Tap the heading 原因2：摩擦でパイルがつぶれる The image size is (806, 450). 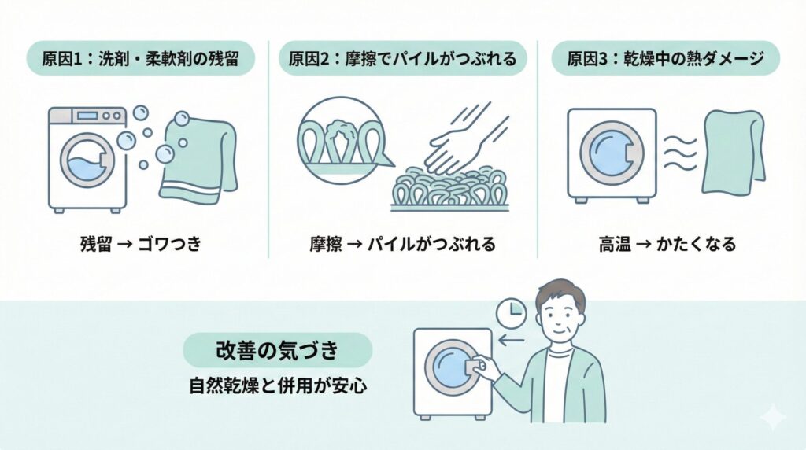pyautogui.click(x=402, y=59)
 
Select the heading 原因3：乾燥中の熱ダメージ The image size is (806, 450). pyautogui.click(x=665, y=59)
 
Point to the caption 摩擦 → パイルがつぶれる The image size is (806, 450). pyautogui.click(x=402, y=243)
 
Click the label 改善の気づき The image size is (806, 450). pyautogui.click(x=277, y=350)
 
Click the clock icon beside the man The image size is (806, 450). pyautogui.click(x=512, y=314)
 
